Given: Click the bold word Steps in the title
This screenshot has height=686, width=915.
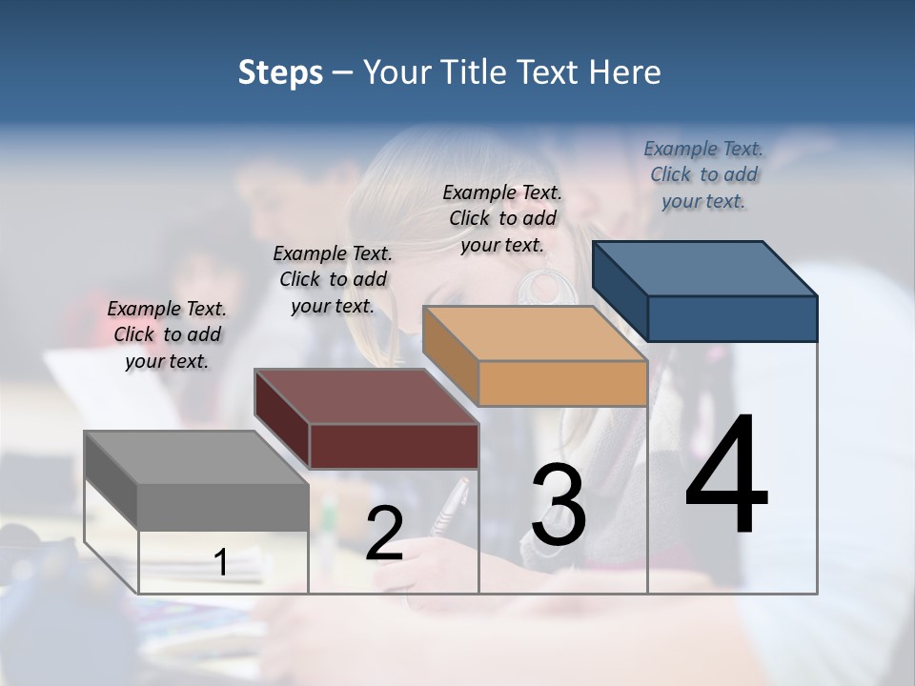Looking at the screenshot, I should point(280,72).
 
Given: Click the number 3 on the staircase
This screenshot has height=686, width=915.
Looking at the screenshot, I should point(559,506).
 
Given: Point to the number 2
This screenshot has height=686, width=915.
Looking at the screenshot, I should point(384,534).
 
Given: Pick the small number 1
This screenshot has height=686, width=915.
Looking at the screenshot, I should point(221,563).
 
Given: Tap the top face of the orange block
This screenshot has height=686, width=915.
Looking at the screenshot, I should point(534,333).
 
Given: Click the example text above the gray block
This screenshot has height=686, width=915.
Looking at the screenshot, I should point(167,334).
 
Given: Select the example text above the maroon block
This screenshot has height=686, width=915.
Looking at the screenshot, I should point(333,279).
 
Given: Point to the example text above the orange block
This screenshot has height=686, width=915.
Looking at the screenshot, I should point(502,218).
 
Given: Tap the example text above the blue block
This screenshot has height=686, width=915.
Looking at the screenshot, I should point(703,174).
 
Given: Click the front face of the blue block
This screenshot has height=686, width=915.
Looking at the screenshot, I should point(732,318).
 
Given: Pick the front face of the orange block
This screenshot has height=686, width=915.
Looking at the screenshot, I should point(562,384).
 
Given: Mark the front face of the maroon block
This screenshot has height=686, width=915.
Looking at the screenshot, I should point(394,446).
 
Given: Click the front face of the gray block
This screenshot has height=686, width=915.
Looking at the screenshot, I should point(223,507).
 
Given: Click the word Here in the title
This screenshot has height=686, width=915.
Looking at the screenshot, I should point(625,72).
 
